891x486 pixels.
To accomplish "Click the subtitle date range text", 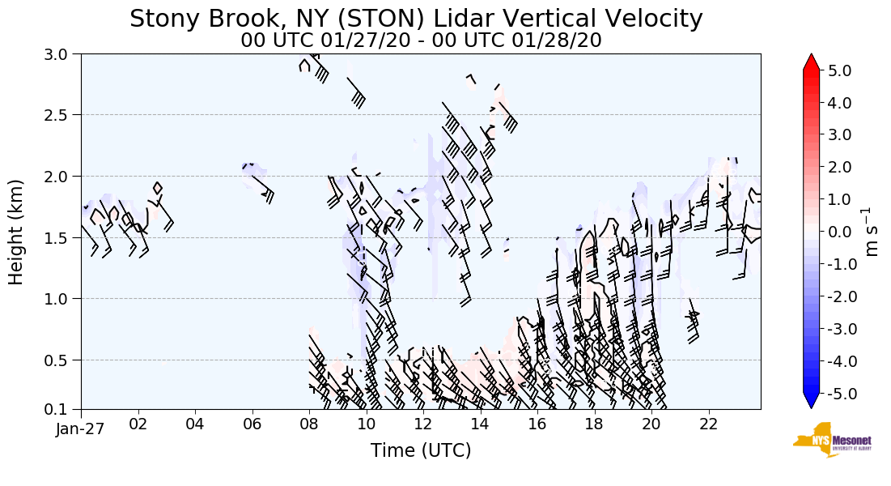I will click(421, 40).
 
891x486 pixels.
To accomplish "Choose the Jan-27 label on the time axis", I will click(81, 429).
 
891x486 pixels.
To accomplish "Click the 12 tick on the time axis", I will click(422, 424).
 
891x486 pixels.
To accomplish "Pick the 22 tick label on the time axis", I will click(707, 424).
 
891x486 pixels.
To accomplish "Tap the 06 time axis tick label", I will click(252, 424).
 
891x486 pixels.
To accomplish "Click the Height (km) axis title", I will click(17, 232).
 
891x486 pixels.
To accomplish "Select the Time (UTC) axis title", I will click(421, 450).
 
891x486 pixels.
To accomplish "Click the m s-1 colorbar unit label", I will click(872, 232).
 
